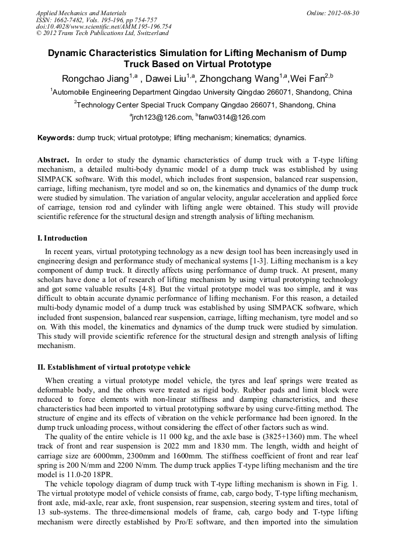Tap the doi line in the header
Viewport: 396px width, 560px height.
click(x=103, y=26)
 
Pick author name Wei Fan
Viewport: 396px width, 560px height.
click(x=308, y=79)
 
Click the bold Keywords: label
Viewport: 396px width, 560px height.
click(x=56, y=138)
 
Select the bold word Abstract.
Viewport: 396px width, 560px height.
click(x=54, y=160)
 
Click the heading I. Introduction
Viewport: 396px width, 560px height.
click(x=62, y=238)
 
